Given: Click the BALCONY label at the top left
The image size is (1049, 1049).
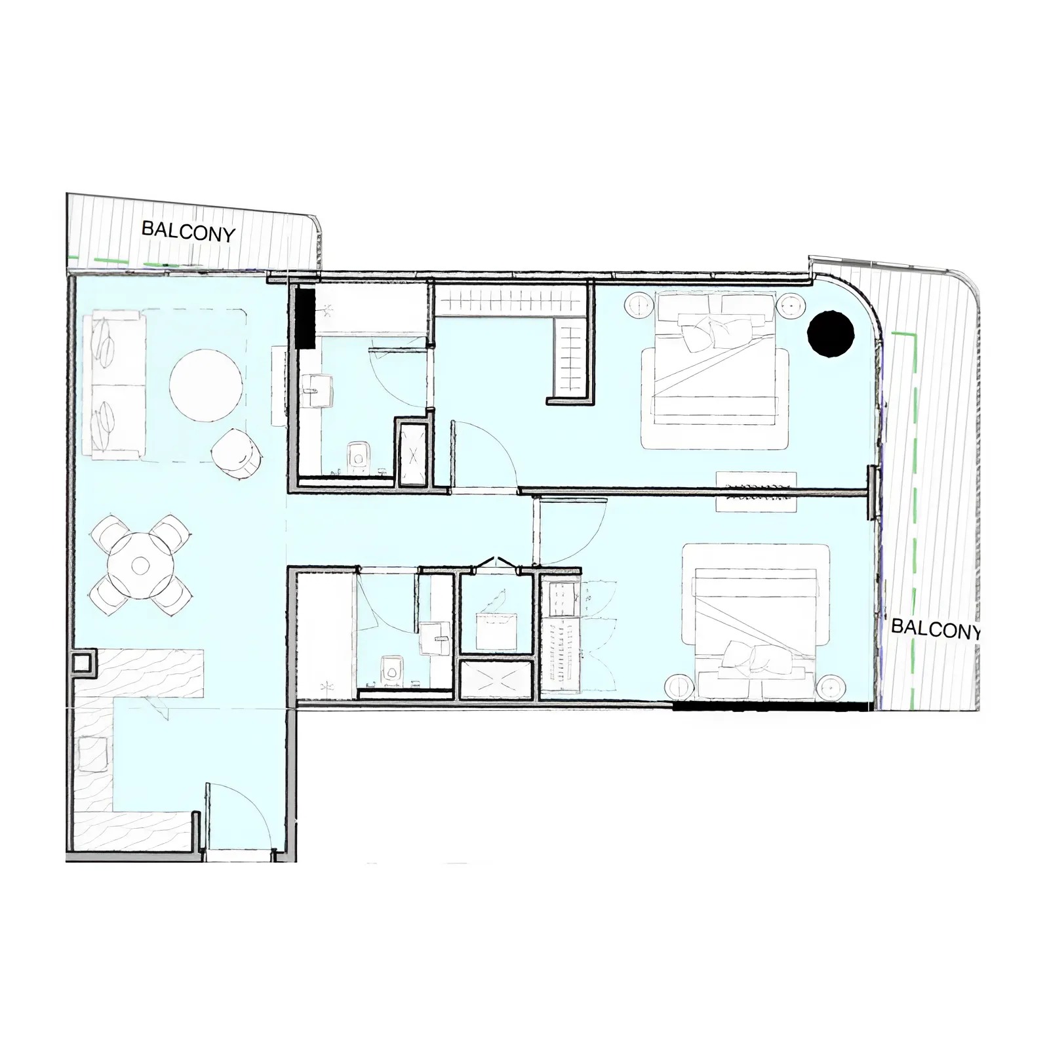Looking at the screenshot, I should pos(188,231).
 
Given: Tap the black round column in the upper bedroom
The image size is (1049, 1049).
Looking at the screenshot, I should pos(831,333).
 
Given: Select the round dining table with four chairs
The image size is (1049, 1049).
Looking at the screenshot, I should pos(141,564).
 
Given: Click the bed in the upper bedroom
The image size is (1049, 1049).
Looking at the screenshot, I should pos(715,370).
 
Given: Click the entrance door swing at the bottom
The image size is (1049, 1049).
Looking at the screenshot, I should pos(239,816).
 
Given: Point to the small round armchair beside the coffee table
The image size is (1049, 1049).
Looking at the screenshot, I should pos(237,451).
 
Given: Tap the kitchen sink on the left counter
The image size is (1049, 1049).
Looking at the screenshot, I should pos(92,754).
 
